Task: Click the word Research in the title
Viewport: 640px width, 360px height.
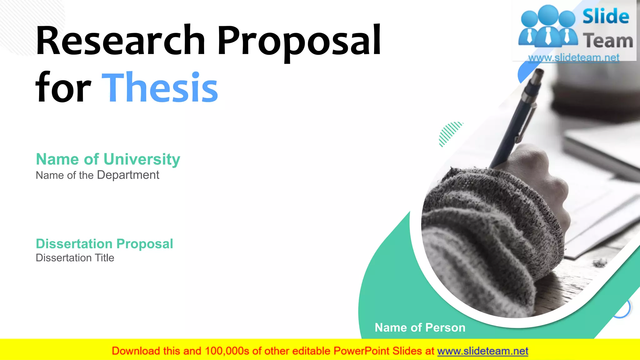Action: click(x=120, y=41)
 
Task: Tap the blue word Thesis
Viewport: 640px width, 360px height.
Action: click(x=160, y=87)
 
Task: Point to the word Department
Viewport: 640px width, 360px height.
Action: click(x=128, y=175)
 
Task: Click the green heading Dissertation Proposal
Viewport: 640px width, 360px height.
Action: click(x=104, y=244)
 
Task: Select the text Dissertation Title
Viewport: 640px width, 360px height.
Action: click(x=75, y=258)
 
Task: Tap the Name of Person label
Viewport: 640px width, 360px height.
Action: click(x=420, y=327)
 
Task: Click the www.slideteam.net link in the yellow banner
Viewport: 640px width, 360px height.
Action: click(x=482, y=351)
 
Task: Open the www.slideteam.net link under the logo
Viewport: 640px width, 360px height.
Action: click(x=574, y=57)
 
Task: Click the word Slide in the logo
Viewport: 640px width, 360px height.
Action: click(x=606, y=16)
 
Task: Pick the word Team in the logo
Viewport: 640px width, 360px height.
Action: click(x=608, y=41)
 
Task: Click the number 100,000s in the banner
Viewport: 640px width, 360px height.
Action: click(x=227, y=351)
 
